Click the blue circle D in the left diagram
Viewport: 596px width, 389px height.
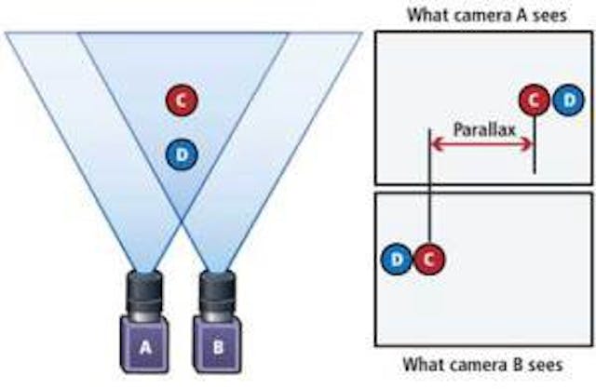point(183,154)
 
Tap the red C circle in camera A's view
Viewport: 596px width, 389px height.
point(534,99)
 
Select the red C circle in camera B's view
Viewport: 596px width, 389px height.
point(427,260)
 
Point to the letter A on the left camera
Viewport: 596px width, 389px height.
point(144,347)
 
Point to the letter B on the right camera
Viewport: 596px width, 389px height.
point(218,347)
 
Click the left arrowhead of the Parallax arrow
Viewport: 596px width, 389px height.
point(433,143)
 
